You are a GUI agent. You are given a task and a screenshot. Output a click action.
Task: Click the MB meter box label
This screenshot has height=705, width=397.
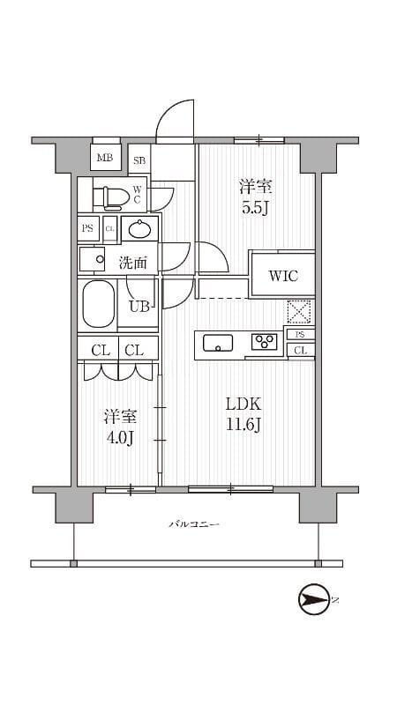[x=105, y=159]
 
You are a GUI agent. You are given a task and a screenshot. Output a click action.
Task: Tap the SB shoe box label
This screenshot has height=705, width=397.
[x=139, y=160]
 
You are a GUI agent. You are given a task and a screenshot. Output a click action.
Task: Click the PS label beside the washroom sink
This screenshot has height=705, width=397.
[x=87, y=228]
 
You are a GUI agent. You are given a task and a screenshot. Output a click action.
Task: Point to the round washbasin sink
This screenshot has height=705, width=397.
[x=139, y=230]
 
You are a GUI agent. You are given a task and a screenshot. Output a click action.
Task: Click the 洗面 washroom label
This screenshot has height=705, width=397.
[x=133, y=261]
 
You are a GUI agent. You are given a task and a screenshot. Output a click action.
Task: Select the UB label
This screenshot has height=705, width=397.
[x=139, y=307]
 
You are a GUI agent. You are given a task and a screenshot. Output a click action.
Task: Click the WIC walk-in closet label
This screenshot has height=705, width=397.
[x=282, y=276]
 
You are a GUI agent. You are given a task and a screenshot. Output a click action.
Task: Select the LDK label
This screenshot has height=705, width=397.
[x=243, y=404]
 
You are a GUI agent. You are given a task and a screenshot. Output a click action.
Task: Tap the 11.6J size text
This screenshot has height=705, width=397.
[x=243, y=426]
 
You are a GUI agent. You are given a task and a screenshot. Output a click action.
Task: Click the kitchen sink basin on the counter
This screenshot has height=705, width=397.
[x=217, y=344]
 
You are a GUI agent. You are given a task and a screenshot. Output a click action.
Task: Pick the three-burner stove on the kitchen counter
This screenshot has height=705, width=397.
[x=265, y=343]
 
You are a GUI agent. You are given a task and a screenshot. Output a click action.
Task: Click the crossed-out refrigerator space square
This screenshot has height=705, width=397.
[x=300, y=312]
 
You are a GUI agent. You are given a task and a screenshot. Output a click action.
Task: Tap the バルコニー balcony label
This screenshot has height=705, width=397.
[x=194, y=526]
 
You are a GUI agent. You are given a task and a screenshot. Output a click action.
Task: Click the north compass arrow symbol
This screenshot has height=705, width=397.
[x=313, y=601]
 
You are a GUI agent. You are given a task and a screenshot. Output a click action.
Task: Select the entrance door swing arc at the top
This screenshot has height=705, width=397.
[x=175, y=119]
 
